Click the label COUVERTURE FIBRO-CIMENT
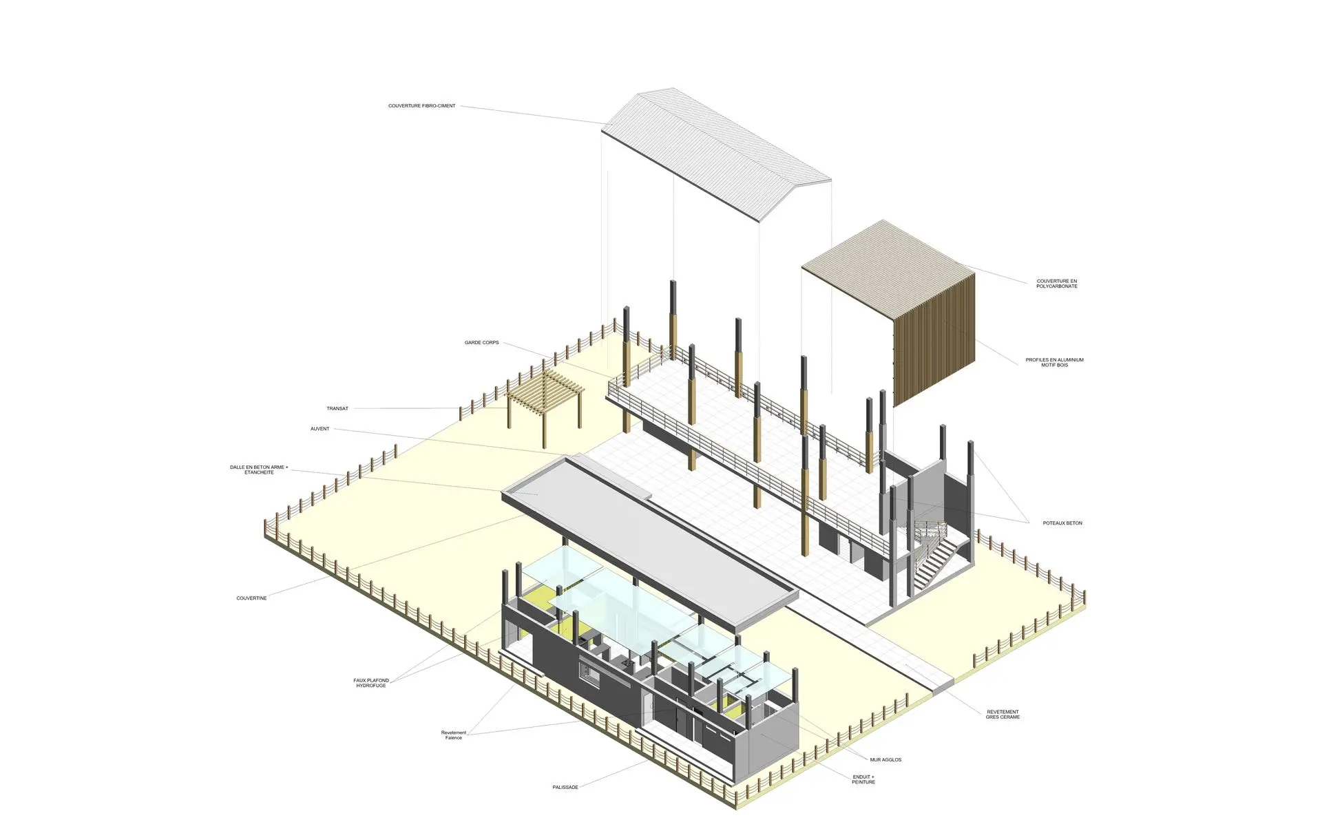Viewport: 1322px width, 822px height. [x=421, y=106]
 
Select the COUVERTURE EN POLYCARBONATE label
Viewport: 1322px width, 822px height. [x=1057, y=284]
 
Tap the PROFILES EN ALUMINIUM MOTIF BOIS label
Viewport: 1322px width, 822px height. [x=1054, y=362]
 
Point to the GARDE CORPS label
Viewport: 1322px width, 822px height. [x=481, y=343]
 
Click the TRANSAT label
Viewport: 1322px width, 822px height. [x=337, y=409]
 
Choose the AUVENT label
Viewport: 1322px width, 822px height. [x=319, y=429]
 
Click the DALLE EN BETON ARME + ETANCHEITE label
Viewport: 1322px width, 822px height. [x=259, y=470]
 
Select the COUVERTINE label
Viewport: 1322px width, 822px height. [x=251, y=598]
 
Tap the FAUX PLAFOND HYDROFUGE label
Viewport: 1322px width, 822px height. [x=371, y=683]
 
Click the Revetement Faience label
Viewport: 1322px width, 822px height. [x=454, y=735]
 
